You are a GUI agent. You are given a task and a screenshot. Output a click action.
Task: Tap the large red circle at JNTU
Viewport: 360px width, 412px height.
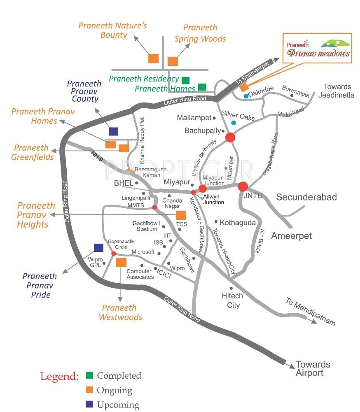(243, 186)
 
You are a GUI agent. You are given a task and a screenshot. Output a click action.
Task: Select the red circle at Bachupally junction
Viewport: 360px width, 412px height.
(230, 137)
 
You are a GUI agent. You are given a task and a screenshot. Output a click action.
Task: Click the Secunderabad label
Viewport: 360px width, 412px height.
(306, 197)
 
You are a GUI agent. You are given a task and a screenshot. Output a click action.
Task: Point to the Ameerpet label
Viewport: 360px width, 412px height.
(291, 236)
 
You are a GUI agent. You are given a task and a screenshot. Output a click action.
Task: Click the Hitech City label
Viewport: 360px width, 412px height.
(233, 300)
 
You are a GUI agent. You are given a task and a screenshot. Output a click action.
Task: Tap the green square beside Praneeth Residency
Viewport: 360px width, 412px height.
(185, 80)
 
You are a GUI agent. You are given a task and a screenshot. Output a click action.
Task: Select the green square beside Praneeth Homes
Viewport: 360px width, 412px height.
(202, 87)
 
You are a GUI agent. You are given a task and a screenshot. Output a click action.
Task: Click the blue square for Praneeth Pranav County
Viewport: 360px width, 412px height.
(113, 131)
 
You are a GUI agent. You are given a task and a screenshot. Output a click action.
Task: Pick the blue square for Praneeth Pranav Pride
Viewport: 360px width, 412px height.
(98, 247)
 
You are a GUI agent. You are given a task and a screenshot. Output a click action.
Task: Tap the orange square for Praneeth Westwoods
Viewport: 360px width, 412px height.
(121, 262)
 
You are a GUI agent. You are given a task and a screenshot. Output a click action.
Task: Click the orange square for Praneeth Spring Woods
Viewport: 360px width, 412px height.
(173, 61)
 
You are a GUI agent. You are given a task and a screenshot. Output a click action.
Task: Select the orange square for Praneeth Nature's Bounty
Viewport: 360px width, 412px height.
(154, 58)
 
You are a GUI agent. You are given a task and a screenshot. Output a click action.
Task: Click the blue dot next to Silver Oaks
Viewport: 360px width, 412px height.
(234, 123)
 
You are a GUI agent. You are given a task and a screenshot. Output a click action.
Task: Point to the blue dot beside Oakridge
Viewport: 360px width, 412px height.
(246, 96)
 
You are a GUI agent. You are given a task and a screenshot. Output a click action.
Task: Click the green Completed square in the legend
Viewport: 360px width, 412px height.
(89, 375)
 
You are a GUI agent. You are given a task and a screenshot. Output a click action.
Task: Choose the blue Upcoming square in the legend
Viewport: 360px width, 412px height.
(89, 404)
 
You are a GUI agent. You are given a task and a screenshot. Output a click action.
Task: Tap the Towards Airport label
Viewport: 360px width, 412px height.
(313, 368)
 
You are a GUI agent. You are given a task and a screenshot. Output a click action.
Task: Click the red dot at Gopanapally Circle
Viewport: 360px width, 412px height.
(114, 253)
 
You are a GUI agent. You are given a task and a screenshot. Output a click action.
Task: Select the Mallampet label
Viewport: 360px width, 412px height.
(194, 118)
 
